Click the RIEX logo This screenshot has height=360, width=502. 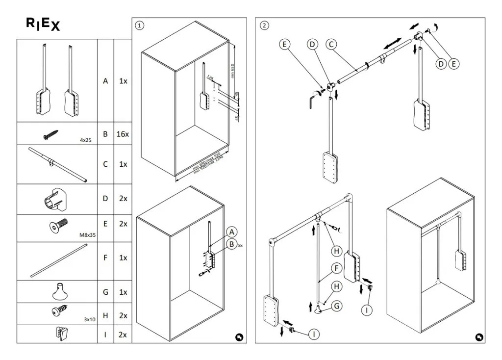(x=43, y=25)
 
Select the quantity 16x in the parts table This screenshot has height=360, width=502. (x=123, y=134)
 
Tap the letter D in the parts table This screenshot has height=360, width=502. (x=105, y=199)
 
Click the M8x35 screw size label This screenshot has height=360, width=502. (x=88, y=235)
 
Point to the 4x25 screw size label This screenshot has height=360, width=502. (x=86, y=140)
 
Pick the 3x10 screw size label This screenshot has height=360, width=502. (x=89, y=319)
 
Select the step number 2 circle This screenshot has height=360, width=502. (x=264, y=26)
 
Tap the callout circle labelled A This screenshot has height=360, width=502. (x=231, y=232)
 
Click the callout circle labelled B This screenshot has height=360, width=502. (x=231, y=244)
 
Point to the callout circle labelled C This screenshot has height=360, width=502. (x=331, y=44)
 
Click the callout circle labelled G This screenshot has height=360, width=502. (x=336, y=306)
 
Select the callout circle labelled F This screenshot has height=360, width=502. (x=336, y=268)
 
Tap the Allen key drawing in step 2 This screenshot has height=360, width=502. (x=312, y=102)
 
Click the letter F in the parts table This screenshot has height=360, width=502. (x=105, y=257)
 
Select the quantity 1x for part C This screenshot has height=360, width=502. (x=123, y=164)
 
